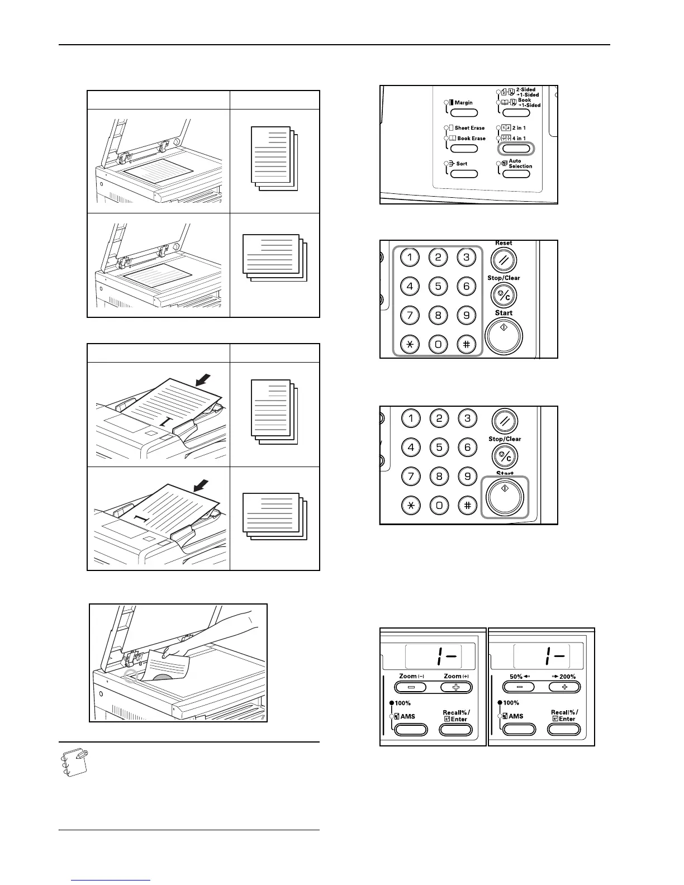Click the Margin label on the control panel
463,103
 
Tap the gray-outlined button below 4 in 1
516,149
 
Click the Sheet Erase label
469,128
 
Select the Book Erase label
471,139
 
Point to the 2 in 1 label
519,128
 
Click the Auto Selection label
520,164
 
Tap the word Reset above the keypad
503,243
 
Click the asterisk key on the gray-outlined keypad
410,344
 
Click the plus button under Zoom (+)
455,687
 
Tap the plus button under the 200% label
564,687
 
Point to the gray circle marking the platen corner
130,677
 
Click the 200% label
567,677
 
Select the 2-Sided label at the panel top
525,89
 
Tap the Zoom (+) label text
456,677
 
